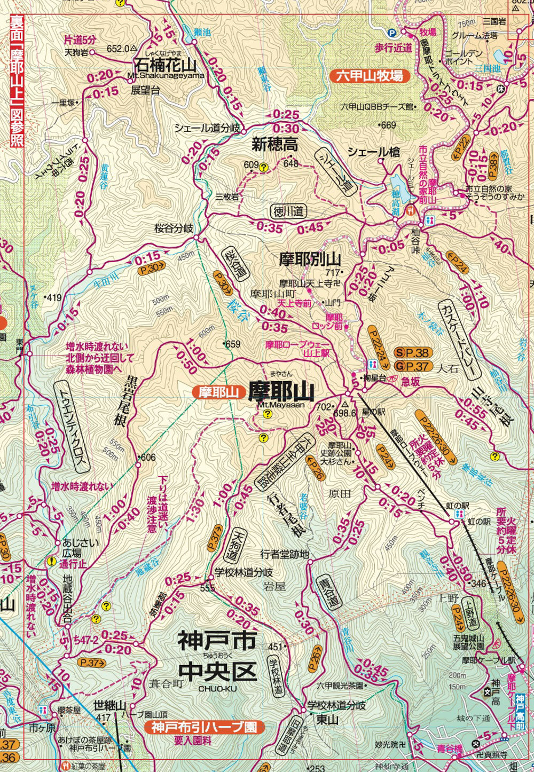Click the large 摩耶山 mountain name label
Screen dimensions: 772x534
point(280,392)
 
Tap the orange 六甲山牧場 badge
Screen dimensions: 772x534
point(370,76)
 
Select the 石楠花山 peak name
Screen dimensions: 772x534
point(165,65)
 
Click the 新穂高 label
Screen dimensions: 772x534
point(275,144)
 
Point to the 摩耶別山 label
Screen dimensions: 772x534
point(310,259)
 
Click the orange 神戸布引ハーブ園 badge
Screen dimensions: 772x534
point(204,727)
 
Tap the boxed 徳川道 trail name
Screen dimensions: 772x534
point(288,211)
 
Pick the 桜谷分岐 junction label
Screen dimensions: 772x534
point(174,228)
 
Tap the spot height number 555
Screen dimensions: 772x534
point(207,588)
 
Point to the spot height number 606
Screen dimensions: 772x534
point(148,458)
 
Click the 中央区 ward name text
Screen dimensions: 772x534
point(217,672)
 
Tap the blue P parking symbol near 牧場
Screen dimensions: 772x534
point(391,33)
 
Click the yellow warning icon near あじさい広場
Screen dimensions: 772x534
point(51,561)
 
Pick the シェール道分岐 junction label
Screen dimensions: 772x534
point(207,128)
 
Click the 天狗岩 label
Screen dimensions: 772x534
point(75,52)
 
